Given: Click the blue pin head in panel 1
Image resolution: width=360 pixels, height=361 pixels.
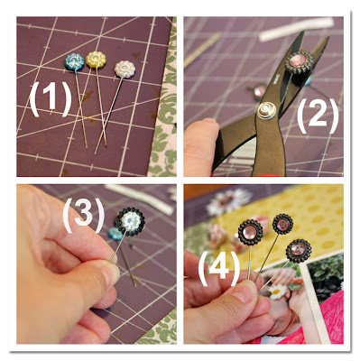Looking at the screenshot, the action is point(74,62).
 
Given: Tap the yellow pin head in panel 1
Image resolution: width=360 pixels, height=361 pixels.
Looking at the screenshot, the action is point(96,60).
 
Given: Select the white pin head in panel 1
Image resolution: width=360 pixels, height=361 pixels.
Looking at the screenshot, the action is point(125,69).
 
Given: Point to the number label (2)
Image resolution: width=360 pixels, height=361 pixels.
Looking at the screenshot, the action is point(318,116).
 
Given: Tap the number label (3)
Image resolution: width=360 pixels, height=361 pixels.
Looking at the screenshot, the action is point(84,215).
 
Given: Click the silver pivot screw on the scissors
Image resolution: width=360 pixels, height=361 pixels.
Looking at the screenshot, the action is point(266,110).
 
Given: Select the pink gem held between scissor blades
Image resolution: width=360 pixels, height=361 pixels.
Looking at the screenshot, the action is point(297,60).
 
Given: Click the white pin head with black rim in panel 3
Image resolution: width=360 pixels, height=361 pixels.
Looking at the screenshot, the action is point(130,222).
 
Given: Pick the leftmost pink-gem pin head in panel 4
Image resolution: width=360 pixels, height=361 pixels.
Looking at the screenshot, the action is point(250,232).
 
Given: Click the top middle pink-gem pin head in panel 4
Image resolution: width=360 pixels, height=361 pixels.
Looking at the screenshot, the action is point(282,224).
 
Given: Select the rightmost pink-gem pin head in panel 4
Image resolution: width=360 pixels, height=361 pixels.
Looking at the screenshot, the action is point(299,250).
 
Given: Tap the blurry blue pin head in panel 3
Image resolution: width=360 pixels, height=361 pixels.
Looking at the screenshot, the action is point(115,234).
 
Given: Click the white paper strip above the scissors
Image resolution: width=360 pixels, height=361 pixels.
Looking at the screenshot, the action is point(296,29).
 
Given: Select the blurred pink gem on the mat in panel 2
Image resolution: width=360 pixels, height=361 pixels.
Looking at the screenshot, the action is point(260,91).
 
